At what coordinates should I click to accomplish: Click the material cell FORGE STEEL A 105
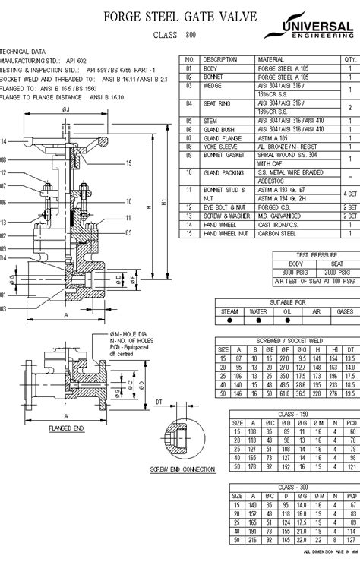281,68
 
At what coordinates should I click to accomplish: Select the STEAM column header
229,311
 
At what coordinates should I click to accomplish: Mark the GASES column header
344,311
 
